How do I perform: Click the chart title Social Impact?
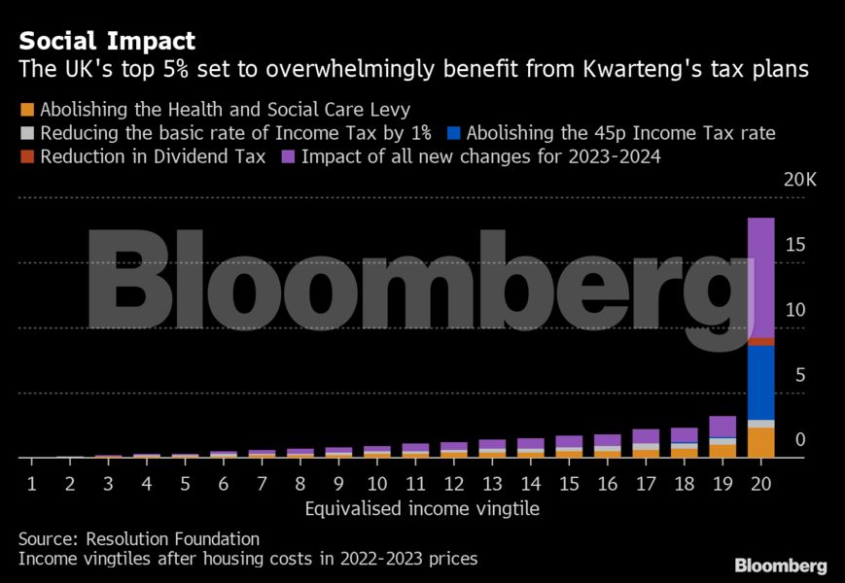tap(107, 41)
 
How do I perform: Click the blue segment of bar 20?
tap(760, 383)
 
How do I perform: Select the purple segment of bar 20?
tap(760, 277)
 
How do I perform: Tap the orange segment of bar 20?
tap(760, 442)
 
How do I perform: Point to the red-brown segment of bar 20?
tap(760, 341)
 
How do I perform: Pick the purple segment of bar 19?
tap(722, 426)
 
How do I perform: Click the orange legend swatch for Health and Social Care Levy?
tap(26, 109)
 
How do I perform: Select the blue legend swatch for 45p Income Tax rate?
tap(453, 133)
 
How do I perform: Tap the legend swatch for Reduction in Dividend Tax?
tap(26, 156)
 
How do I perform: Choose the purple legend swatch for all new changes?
tap(288, 156)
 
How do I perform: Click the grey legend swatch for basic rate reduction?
tap(26, 133)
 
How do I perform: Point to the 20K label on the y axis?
tap(787, 181)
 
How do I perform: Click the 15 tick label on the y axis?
tap(795, 246)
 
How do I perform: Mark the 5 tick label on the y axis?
tap(799, 375)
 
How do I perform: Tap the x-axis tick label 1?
tap(31, 482)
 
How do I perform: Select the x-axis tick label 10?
tap(377, 482)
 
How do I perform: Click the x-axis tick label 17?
tap(645, 482)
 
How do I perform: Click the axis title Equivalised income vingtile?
tap(421, 508)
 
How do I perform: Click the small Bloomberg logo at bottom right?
tap(781, 565)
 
